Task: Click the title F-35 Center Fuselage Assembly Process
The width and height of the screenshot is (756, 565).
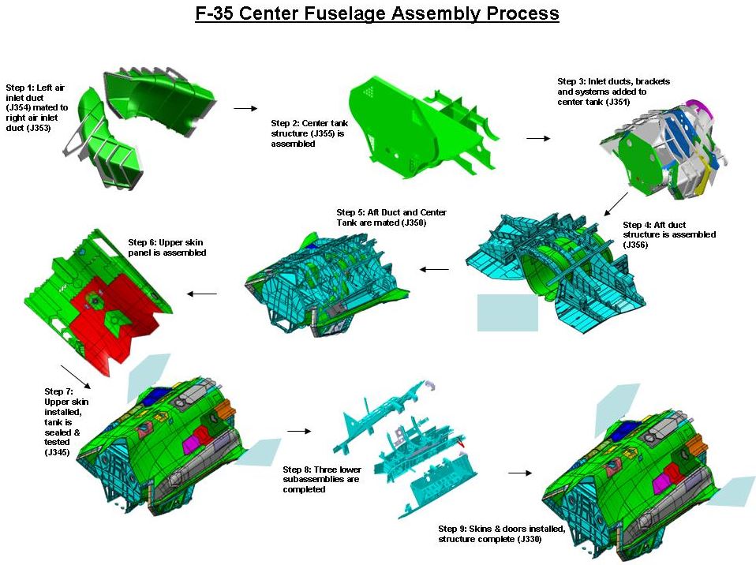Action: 377,13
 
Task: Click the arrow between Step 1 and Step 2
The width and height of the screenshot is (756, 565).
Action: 245,108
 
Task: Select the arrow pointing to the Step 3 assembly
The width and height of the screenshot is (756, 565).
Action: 538,138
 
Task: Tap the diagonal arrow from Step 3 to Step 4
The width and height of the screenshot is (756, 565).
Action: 616,204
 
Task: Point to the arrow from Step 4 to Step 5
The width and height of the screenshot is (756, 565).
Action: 434,270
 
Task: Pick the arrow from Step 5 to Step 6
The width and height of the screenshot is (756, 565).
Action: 201,294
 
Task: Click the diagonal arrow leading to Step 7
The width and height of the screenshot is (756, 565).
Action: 76,376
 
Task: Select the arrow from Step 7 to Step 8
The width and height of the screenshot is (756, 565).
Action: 299,431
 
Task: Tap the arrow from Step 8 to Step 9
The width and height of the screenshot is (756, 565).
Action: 520,473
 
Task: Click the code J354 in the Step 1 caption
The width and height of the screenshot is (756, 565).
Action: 18,107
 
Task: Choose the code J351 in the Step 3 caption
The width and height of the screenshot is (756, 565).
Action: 618,102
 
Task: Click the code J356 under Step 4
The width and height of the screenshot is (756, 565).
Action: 635,245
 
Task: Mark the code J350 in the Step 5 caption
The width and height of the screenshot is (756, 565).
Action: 414,223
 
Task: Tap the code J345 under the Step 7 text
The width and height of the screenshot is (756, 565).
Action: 57,452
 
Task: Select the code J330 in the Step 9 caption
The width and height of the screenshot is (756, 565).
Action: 529,539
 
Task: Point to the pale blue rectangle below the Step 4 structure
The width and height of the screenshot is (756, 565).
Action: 507,312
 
